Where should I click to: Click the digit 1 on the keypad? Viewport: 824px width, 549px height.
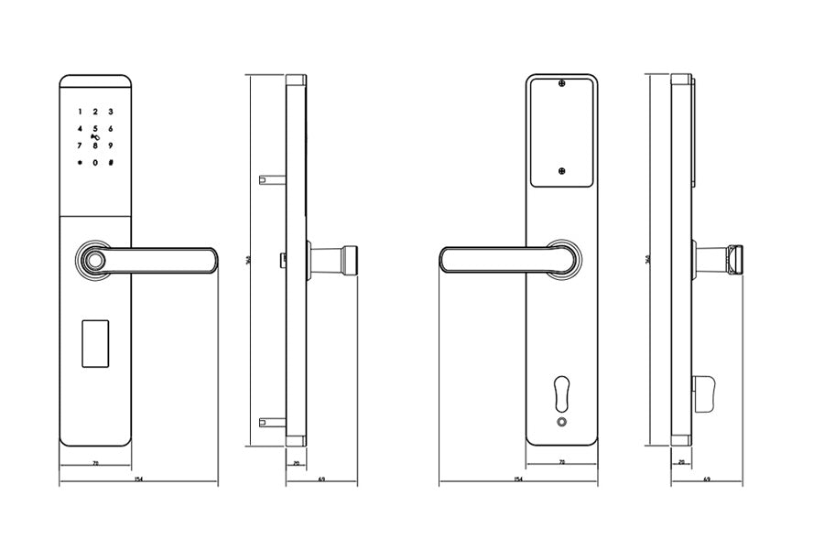tap(80, 111)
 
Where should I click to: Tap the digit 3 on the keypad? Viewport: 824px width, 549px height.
tap(110, 111)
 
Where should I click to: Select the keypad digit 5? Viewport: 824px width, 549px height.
tap(95, 129)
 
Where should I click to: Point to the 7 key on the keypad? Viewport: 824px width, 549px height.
tap(80, 145)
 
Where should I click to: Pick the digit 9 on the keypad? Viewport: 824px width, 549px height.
tap(110, 145)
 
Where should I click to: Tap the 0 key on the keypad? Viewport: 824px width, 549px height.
tap(95, 163)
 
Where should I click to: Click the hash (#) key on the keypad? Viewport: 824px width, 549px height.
tap(110, 163)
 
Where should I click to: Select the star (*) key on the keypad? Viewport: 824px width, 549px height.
tap(80, 163)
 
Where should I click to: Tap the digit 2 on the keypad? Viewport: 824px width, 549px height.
tap(95, 111)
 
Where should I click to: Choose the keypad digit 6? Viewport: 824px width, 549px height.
tap(110, 129)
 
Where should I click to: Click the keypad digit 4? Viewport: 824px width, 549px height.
tap(80, 129)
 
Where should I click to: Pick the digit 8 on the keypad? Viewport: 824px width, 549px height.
tap(95, 145)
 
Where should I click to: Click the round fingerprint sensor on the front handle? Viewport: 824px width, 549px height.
tap(93, 261)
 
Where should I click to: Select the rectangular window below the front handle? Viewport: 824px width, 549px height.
tap(95, 342)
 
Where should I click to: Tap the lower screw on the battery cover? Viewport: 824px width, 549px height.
tap(561, 169)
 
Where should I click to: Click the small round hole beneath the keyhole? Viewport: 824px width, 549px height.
tap(561, 423)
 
